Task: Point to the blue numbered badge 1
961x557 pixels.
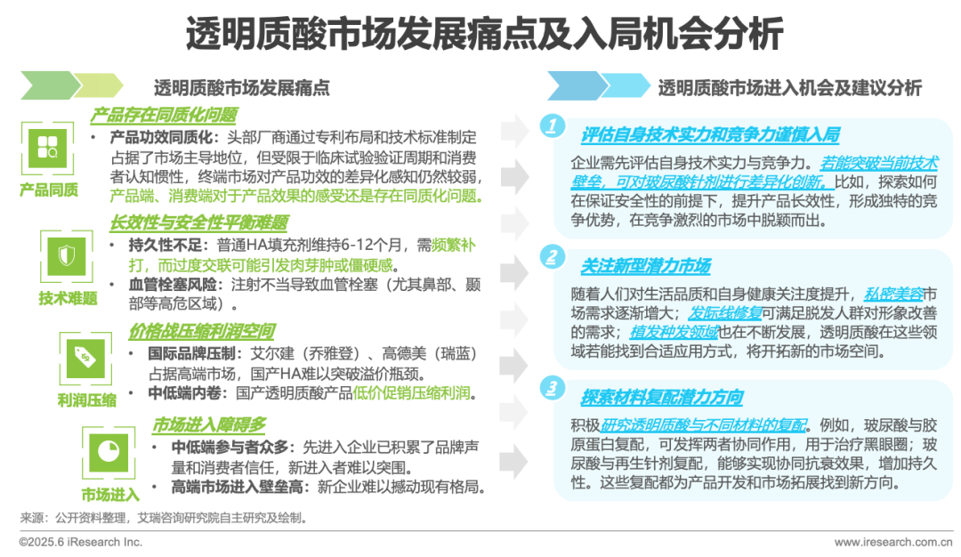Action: click(553, 127)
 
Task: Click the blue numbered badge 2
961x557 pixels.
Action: click(553, 259)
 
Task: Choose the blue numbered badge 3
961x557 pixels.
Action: click(553, 388)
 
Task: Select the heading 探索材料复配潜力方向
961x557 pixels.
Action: click(662, 397)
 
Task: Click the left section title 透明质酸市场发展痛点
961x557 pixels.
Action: click(242, 88)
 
